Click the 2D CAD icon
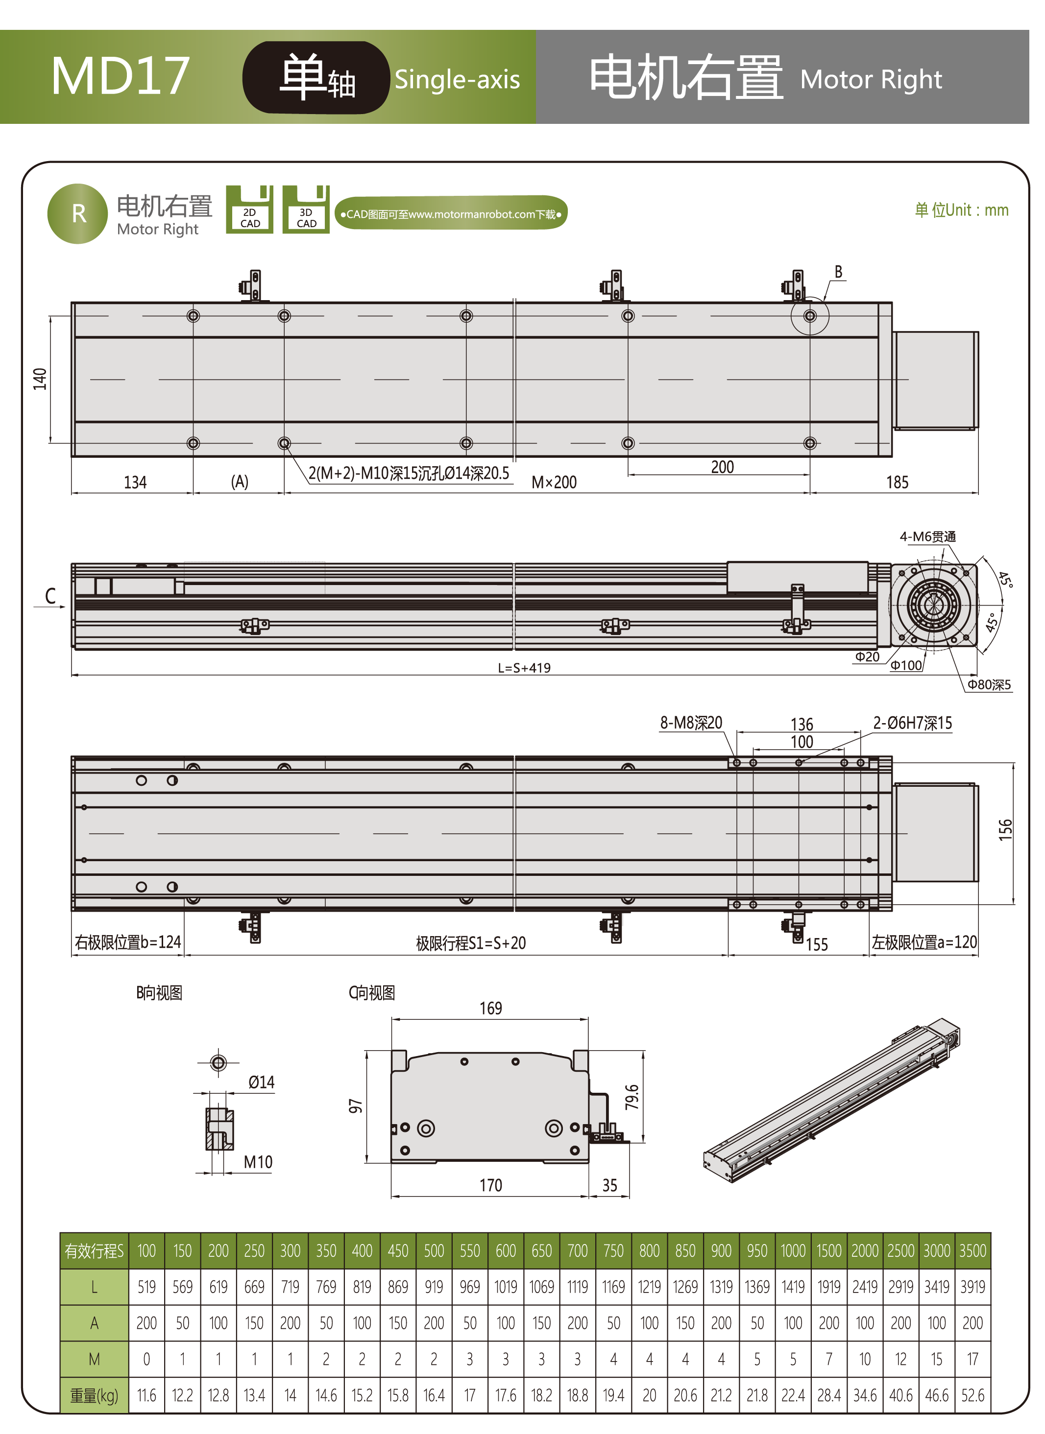[x=249, y=209]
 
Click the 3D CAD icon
[x=306, y=209]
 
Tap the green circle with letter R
[x=78, y=214]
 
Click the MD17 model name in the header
[x=121, y=76]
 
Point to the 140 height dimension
[x=40, y=379]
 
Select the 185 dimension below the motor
[x=897, y=482]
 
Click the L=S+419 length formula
[x=524, y=668]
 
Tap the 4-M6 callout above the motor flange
[x=927, y=537]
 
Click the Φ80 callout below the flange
[x=989, y=685]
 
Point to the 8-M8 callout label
[x=691, y=723]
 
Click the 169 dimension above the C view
[x=491, y=1008]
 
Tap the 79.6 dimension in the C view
[x=632, y=1097]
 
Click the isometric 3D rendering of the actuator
[x=832, y=1100]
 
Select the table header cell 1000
[x=793, y=1250]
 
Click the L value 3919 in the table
[x=973, y=1287]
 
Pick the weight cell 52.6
[x=973, y=1395]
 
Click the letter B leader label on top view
[x=838, y=272]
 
